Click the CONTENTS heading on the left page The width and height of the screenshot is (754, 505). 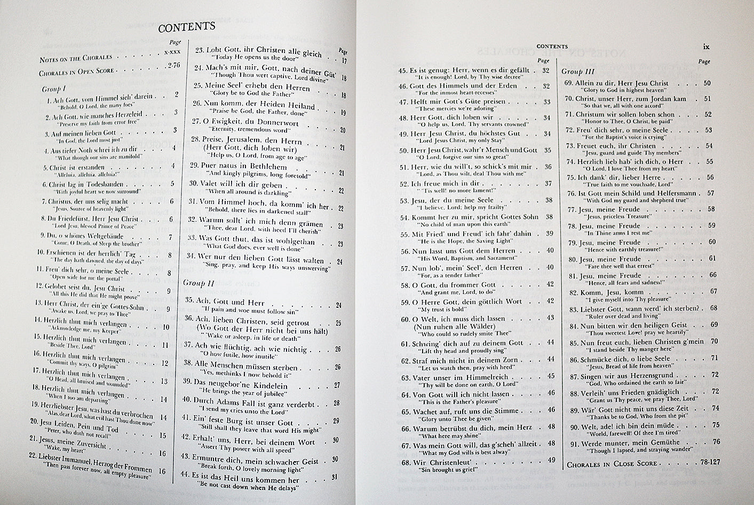tap(186, 27)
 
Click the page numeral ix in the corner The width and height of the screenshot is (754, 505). tap(706, 46)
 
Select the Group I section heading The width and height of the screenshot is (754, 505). tap(53, 89)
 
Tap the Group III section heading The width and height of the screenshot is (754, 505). tap(579, 71)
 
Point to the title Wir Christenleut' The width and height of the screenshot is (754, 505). tap(441, 461)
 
